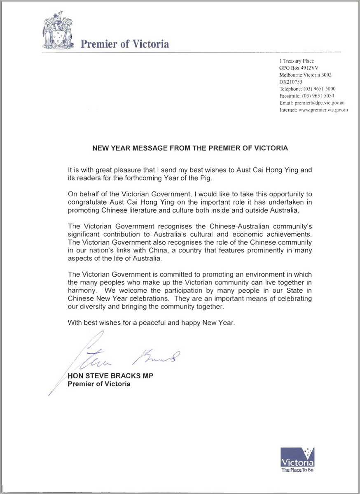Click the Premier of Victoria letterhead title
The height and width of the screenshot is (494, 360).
pyautogui.click(x=124, y=44)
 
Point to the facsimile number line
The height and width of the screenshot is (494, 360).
pyautogui.click(x=307, y=96)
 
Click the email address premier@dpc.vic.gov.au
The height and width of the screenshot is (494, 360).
pyautogui.click(x=320, y=103)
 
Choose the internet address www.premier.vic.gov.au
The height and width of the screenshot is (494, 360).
pyautogui.click(x=324, y=110)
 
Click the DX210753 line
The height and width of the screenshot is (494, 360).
pyautogui.click(x=290, y=82)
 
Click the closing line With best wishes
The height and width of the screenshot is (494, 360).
pyautogui.click(x=151, y=323)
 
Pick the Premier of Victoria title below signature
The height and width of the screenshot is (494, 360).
pyautogui.click(x=99, y=384)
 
